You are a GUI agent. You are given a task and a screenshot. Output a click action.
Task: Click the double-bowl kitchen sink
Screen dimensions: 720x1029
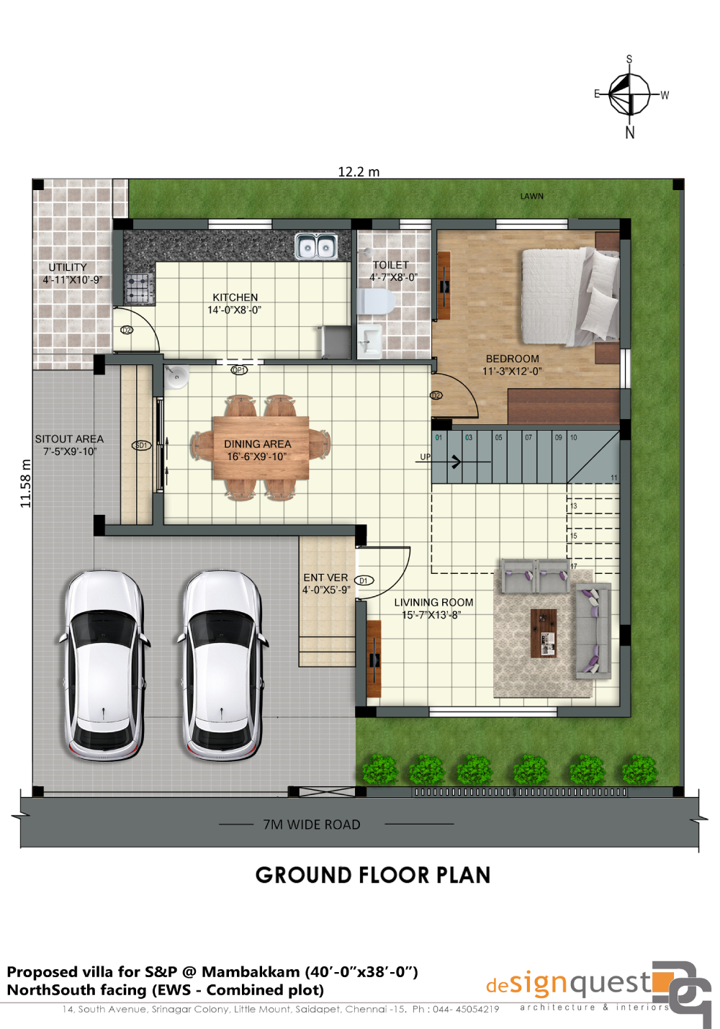click(x=316, y=246)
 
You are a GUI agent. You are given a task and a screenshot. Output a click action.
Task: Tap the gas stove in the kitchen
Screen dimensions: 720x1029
click(x=140, y=287)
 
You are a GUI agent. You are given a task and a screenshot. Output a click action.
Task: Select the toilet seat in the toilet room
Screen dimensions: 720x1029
click(x=376, y=302)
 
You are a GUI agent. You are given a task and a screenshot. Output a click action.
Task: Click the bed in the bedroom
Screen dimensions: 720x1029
click(x=570, y=296)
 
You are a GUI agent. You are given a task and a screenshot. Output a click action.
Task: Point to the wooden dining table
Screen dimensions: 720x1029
click(x=261, y=447)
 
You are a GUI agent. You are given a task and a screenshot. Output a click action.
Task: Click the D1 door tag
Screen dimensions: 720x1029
click(x=364, y=580)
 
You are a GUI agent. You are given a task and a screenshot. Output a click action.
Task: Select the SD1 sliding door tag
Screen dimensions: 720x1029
click(x=141, y=445)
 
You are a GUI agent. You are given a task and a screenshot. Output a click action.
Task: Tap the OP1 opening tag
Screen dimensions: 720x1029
click(x=239, y=370)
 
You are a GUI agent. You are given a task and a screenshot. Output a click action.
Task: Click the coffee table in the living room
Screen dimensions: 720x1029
click(x=543, y=633)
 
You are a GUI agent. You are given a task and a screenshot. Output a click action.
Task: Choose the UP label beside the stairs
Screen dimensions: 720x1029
click(x=426, y=457)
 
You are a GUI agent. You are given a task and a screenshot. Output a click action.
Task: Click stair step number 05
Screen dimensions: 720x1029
click(x=498, y=437)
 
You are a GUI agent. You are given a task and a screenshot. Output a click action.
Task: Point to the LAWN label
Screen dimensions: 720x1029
click(x=532, y=196)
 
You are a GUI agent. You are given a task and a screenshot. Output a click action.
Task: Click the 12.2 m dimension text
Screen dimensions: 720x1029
click(x=359, y=172)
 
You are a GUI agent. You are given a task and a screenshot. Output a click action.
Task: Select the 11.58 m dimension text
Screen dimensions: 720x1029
click(x=26, y=483)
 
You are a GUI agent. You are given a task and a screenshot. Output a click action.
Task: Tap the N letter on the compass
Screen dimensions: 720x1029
click(x=630, y=132)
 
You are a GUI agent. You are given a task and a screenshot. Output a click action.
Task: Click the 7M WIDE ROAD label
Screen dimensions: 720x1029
click(x=312, y=824)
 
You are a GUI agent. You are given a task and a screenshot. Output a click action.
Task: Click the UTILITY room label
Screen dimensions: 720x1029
click(x=68, y=267)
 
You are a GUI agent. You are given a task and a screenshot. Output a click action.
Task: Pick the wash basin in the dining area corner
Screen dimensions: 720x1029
click(x=176, y=377)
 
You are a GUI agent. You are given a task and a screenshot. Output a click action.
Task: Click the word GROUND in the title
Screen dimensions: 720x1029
click(x=304, y=875)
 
